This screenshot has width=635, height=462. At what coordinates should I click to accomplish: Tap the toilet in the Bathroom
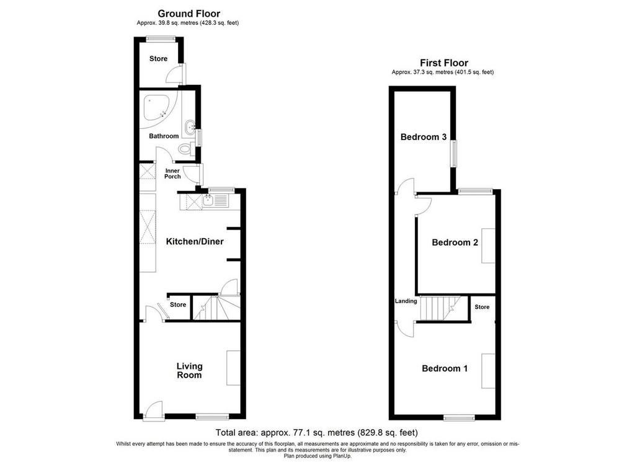(x=186, y=149)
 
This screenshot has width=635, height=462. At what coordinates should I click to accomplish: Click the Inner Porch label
(x=172, y=174)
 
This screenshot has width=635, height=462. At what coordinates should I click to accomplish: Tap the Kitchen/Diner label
(x=195, y=242)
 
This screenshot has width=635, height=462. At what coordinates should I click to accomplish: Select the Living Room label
(x=189, y=370)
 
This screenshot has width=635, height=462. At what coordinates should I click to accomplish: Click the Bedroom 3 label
(x=423, y=137)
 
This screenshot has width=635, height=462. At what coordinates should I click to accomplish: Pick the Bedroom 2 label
(x=455, y=242)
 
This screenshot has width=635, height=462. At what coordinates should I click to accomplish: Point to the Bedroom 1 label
(x=445, y=368)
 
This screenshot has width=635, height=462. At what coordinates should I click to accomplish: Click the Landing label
(x=406, y=301)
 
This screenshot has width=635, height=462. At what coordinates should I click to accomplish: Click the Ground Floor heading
(x=189, y=14)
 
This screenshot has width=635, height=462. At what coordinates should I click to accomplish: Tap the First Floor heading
(x=444, y=63)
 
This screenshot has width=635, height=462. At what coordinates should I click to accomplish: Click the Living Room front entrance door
(x=154, y=412)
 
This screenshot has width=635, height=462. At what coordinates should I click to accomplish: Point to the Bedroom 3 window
(x=455, y=153)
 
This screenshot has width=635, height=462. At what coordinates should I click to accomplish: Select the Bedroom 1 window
(x=460, y=417)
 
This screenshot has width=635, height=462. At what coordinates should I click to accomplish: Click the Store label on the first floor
(x=482, y=307)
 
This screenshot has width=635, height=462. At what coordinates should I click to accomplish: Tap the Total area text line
(x=317, y=432)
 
